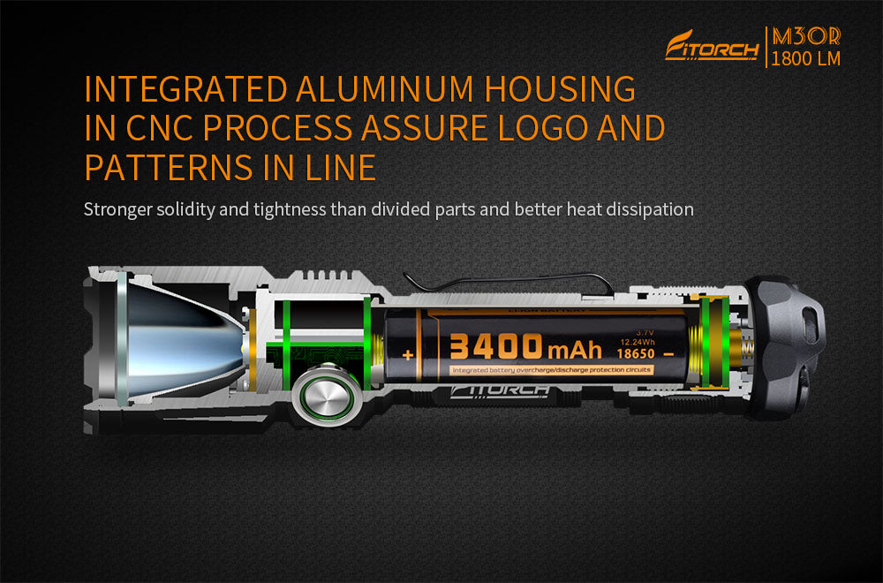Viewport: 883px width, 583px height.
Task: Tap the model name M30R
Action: pyautogui.click(x=805, y=36)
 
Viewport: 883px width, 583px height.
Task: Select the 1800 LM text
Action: pyautogui.click(x=805, y=59)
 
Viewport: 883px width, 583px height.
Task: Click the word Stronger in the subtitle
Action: pyautogui.click(x=117, y=209)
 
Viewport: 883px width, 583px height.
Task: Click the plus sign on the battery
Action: pyautogui.click(x=408, y=355)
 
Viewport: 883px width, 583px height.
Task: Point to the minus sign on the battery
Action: pyautogui.click(x=668, y=353)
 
